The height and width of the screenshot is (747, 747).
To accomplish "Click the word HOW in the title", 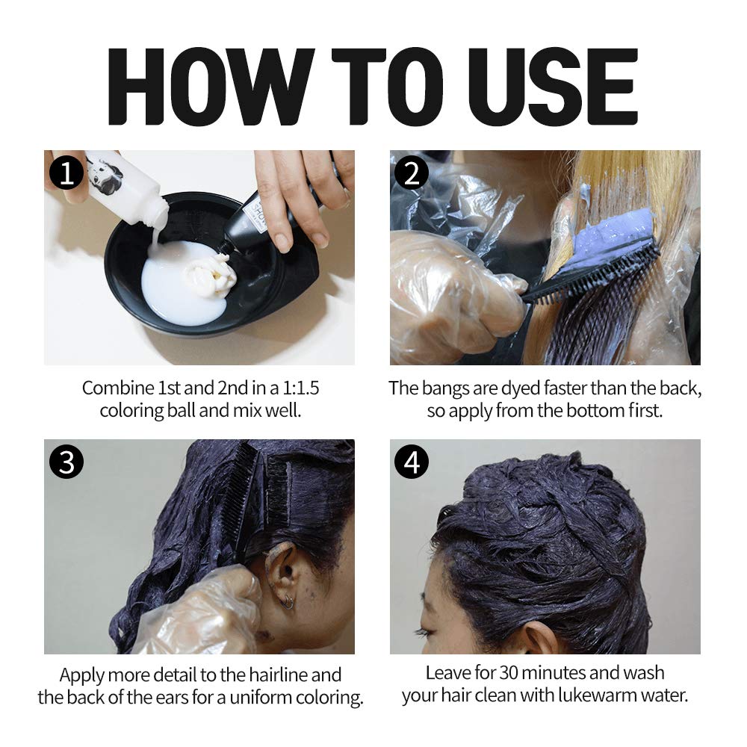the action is pos(211,86).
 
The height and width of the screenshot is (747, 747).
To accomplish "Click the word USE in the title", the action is pos(553,86).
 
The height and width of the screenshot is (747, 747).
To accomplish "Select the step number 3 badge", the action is pos(66,461).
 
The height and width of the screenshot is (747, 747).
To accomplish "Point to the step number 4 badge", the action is pos(412,461).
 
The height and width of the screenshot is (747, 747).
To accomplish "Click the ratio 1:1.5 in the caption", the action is pos(300,388).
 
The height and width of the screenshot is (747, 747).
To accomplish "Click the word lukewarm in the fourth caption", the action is pos(597,695).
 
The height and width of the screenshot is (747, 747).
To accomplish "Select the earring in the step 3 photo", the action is pos(287,603).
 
